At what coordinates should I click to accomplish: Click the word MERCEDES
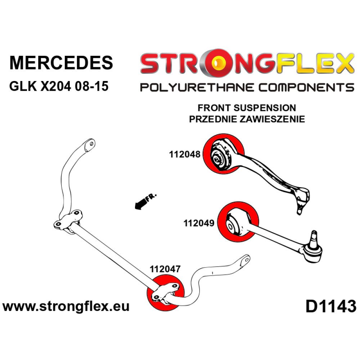pos(61,62)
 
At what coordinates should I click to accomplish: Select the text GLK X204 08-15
pos(58,86)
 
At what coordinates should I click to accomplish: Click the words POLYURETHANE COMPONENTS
pos(247,87)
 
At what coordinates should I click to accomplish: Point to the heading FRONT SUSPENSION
pos(247,108)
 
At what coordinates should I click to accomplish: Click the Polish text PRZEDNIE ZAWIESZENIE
pos(247,119)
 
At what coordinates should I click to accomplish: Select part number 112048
pos(185,154)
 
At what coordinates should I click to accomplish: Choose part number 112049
pos(199,223)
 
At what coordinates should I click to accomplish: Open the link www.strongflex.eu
pos(66,307)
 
